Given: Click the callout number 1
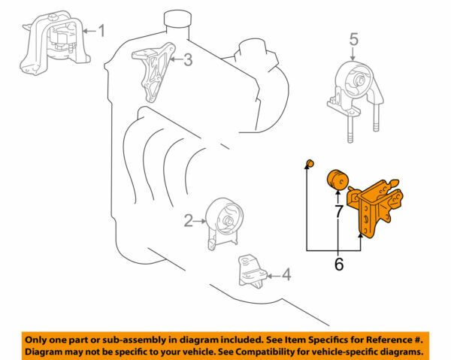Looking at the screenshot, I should [102, 31].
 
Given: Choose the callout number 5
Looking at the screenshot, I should [354, 38].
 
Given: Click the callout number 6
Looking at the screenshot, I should [338, 264].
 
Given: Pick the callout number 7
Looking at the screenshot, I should [339, 211].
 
